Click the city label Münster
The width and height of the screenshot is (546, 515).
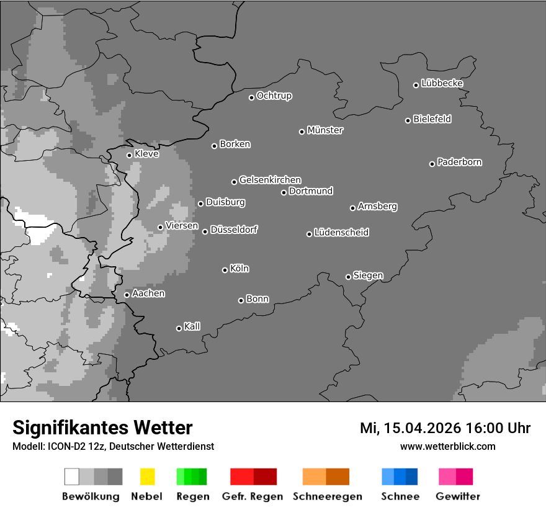tap(325, 130)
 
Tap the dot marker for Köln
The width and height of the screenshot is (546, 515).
tap(225, 270)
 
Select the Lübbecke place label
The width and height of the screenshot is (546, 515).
tap(442, 83)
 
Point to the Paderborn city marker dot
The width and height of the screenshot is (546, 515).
tap(432, 164)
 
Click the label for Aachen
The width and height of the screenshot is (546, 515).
tap(148, 293)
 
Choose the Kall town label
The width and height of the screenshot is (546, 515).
tap(192, 326)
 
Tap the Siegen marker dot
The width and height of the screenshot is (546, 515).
tap(348, 277)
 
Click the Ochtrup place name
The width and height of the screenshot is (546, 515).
tap(274, 96)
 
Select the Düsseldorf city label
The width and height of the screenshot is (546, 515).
tap(234, 230)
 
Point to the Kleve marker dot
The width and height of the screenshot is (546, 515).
tap(129, 155)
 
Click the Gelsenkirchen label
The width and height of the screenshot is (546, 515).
tap(270, 180)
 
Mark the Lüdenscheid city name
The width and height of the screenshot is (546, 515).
tap(341, 233)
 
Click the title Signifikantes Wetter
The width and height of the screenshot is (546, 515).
tap(102, 428)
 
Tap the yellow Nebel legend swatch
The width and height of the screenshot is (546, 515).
tap(147, 477)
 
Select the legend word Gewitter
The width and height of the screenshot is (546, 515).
tap(457, 496)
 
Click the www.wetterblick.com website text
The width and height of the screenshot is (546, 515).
tap(447, 446)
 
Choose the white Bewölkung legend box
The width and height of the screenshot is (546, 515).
tap(72, 477)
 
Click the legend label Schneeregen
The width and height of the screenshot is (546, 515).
tap(328, 496)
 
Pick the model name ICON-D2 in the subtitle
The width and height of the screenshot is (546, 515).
tap(65, 446)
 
